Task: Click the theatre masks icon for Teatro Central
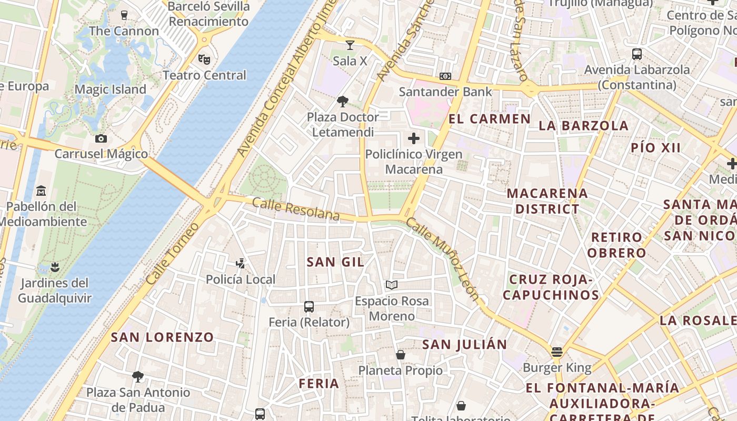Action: pyautogui.click(x=204, y=59)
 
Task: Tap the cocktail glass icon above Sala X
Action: pyautogui.click(x=350, y=45)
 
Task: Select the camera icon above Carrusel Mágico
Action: pyautogui.click(x=101, y=138)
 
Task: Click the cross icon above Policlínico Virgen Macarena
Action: pyautogui.click(x=414, y=138)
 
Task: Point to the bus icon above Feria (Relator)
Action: pyautogui.click(x=309, y=306)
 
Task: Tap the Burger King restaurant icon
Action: pyautogui.click(x=557, y=352)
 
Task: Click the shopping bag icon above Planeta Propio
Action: pyautogui.click(x=401, y=355)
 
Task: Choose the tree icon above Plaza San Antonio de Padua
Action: pyautogui.click(x=138, y=376)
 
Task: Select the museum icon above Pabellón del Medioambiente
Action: pyautogui.click(x=41, y=191)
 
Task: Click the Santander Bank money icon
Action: pyautogui.click(x=445, y=76)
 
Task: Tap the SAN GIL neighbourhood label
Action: pyautogui.click(x=335, y=262)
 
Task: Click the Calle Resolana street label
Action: pyautogui.click(x=296, y=209)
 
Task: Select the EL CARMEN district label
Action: pyautogui.click(x=489, y=119)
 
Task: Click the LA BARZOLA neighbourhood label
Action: pyautogui.click(x=584, y=126)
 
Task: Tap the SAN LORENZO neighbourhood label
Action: pyautogui.click(x=162, y=337)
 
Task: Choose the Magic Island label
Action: pyautogui.click(x=110, y=89)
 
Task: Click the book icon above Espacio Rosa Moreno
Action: pyautogui.click(x=391, y=285)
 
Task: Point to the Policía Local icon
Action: pyautogui.click(x=241, y=263)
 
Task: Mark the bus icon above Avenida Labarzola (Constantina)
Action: pyautogui.click(x=637, y=54)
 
